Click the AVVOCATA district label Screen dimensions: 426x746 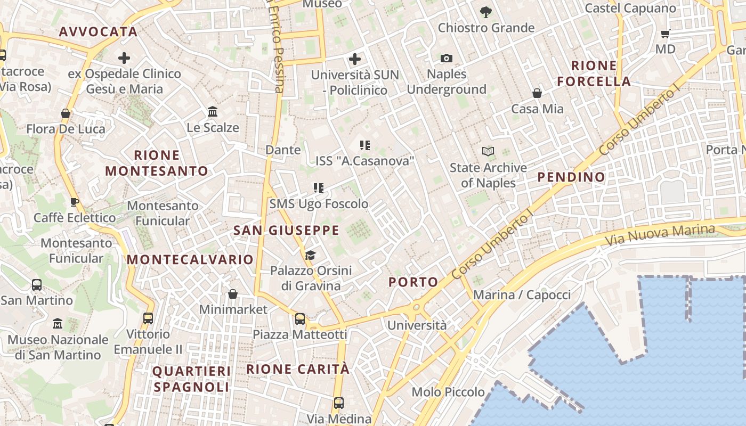click(x=98, y=31)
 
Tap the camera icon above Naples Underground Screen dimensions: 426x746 click(x=447, y=58)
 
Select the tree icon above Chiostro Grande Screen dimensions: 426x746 click(x=485, y=12)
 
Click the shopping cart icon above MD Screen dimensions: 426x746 click(x=665, y=34)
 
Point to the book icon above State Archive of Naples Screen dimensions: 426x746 click(x=488, y=152)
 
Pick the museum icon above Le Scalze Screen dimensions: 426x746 click(x=213, y=112)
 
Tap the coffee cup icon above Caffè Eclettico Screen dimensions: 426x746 click(x=74, y=202)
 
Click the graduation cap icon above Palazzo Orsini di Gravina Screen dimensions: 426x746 click(x=310, y=255)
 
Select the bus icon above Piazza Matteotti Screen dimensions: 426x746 click(x=300, y=319)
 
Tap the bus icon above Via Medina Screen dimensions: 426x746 click(x=338, y=403)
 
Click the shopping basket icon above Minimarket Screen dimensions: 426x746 click(x=233, y=293)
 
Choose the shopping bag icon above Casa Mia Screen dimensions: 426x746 click(x=537, y=93)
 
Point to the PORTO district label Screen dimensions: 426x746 click(x=413, y=282)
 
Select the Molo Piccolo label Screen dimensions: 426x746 click(x=448, y=392)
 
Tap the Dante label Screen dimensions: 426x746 click(x=283, y=150)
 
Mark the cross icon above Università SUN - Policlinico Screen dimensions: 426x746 click(x=355, y=59)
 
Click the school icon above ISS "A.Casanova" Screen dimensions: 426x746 click(x=364, y=145)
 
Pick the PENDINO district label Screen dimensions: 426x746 click(x=571, y=177)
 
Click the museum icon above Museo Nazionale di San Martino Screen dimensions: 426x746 click(x=58, y=324)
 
